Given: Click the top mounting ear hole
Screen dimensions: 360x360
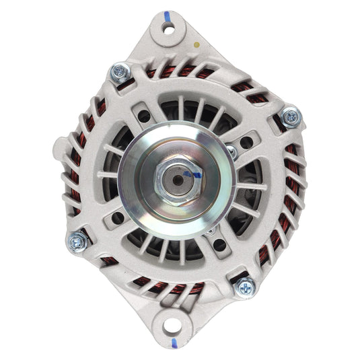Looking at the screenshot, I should tap(168, 29).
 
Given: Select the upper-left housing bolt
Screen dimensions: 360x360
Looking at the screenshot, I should tap(121, 71).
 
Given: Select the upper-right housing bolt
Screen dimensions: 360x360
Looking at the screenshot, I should tap(291, 116).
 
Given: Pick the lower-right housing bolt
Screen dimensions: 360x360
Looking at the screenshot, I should tap(245, 287).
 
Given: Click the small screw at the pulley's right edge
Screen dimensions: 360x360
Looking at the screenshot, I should tap(231, 152).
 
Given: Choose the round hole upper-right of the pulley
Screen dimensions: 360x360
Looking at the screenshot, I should tap(246, 143).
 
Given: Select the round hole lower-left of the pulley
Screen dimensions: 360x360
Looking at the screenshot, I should tap(118, 217).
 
